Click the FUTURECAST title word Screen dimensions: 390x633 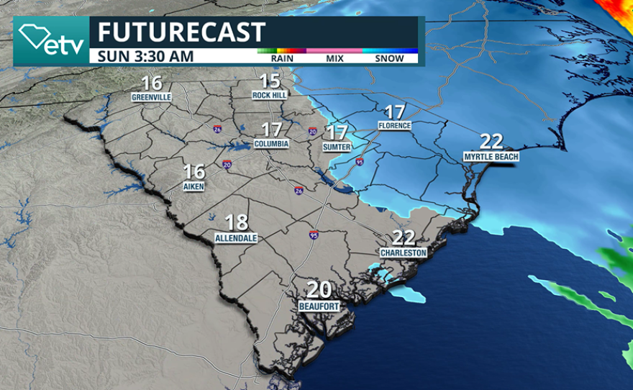tap(181, 32)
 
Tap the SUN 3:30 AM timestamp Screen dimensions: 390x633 tap(145, 55)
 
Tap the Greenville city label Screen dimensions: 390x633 tap(151, 96)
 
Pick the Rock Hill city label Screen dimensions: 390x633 tap(270, 95)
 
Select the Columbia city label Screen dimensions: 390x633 tap(271, 144)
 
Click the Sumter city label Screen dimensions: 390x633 tap(337, 147)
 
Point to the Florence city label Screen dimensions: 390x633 tap(394, 125)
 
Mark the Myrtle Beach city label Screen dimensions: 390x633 tap(491, 156)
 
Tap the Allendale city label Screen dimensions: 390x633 tap(236, 237)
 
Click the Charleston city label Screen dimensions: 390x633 tap(404, 253)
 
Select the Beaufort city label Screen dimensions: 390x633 tap(319, 306)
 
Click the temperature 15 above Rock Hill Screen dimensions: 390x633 tap(270, 81)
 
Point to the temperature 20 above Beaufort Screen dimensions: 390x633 tap(319, 290)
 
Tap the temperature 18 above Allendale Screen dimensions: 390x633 tap(237, 222)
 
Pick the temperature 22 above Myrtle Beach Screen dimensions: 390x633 tap(491, 141)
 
